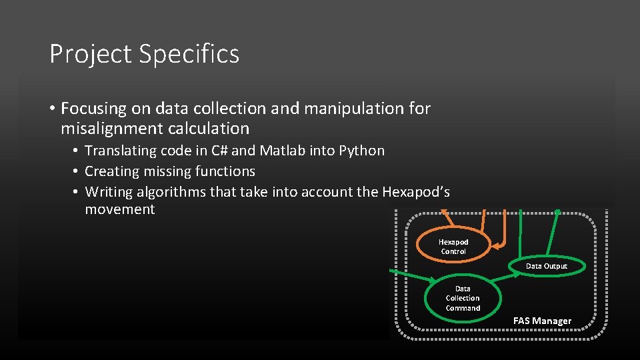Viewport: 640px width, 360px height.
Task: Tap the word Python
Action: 362,151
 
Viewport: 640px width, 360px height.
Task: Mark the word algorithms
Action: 174,193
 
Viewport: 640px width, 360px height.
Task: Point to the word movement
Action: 120,209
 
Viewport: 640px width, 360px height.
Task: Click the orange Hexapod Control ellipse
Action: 453,247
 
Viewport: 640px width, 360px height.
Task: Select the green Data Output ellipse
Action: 547,266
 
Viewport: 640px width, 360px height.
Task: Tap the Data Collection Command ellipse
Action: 463,299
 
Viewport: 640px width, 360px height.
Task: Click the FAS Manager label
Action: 542,321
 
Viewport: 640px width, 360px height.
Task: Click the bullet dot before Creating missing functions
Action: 77,172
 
